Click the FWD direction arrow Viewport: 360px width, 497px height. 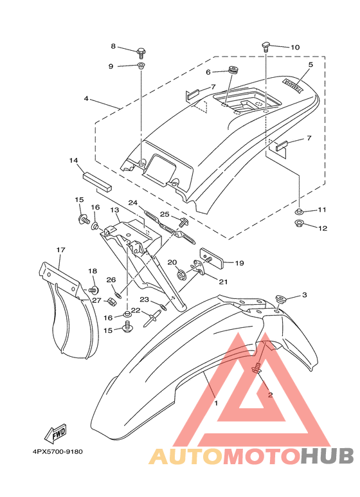(55, 433)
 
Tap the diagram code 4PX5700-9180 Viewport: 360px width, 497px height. (57, 451)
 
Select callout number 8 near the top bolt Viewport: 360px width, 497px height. (113, 46)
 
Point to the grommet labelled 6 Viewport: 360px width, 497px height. (233, 70)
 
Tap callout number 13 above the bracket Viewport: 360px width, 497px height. (114, 210)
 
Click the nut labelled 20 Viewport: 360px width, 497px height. (182, 275)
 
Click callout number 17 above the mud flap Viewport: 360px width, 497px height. (60, 249)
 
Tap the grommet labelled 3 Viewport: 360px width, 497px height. (280, 298)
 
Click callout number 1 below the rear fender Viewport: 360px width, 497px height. (216, 403)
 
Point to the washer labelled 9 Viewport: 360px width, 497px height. (141, 66)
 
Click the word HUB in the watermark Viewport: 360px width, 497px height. (327, 456)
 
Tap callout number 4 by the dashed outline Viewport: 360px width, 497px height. (86, 98)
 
